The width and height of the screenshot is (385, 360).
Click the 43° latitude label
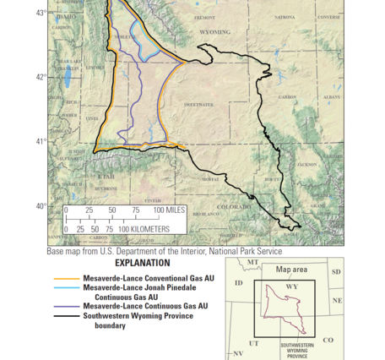(x=41, y=13)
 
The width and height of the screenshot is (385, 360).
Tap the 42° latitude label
(x=41, y=77)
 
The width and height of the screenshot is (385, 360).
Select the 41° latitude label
(x=41, y=141)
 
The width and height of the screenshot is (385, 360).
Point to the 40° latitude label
(x=41, y=205)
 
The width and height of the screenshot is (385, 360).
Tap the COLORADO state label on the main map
(x=233, y=206)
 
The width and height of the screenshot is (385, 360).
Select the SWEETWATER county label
(x=199, y=104)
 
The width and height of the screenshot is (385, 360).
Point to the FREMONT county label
(x=205, y=17)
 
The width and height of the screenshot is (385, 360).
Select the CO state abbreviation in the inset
(x=328, y=340)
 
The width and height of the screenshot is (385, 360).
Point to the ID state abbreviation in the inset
(x=238, y=282)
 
